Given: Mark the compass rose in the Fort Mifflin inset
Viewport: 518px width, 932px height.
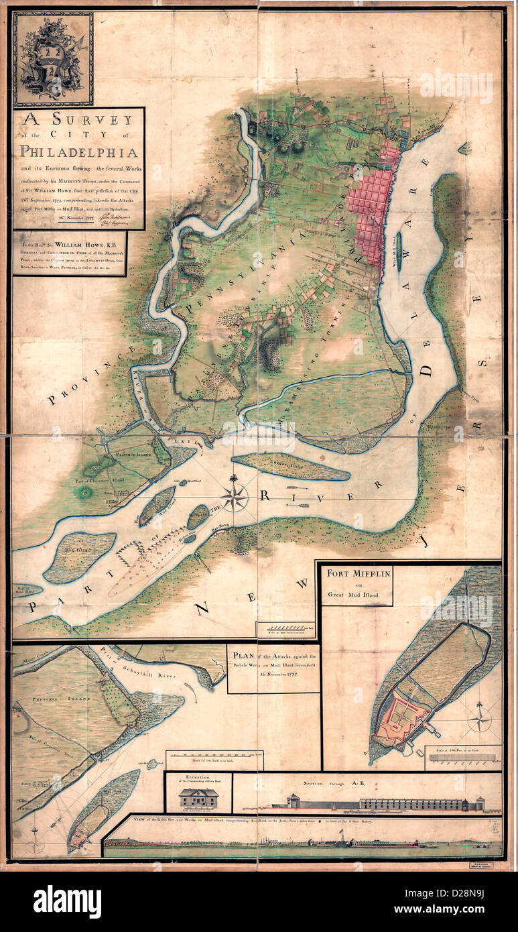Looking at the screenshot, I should point(480,720).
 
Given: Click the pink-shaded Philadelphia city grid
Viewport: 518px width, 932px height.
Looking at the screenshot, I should point(375,208).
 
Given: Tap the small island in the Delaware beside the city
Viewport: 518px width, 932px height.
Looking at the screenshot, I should point(399,251).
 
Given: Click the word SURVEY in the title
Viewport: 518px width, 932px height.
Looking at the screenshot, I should point(94,121).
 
